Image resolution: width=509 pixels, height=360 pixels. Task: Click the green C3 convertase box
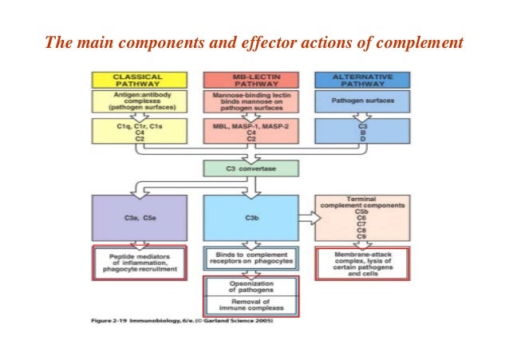(x=251, y=169)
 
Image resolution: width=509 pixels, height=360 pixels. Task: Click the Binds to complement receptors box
(x=251, y=258)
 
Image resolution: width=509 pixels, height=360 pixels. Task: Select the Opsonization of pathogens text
(x=251, y=285)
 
